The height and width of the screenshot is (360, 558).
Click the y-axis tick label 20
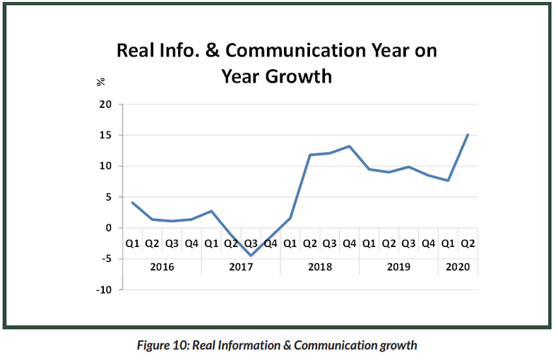pos(106,104)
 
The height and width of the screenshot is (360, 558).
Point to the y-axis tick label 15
pos(106,136)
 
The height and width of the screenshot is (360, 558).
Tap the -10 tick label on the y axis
pos(104,289)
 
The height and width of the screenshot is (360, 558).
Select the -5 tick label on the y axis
pos(106,259)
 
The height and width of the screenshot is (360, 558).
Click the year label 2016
pos(162,268)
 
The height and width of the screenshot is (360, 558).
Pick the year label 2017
pos(241,268)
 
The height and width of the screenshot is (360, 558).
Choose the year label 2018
pos(320,268)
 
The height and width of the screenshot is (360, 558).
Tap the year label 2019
pos(399,268)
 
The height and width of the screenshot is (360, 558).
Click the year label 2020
pos(458,268)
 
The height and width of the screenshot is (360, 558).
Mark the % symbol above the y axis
pos(100,82)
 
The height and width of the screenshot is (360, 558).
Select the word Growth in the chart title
pos(298,76)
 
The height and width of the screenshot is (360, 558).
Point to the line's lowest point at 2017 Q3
pos(251,256)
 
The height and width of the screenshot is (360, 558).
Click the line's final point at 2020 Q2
pos(468,134)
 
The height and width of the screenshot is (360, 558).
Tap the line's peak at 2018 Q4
pos(349,146)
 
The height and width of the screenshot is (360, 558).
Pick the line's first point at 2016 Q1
pos(132,203)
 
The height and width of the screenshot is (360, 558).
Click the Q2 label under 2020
pos(468,244)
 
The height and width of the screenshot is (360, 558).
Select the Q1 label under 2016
pos(132,244)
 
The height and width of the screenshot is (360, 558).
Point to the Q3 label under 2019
pos(408,244)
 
